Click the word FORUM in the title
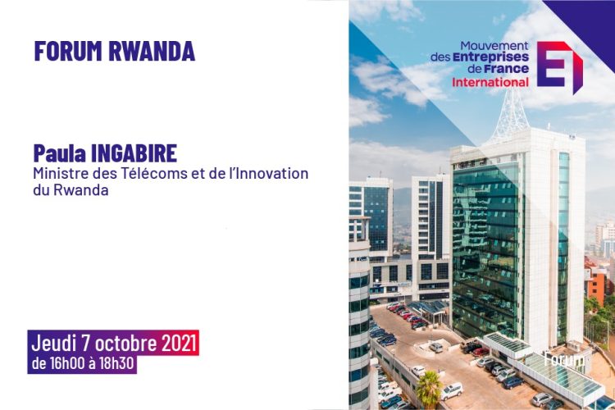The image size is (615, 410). coord(68,51)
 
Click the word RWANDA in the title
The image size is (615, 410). coord(152,51)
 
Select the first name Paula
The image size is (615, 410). coord(60,153)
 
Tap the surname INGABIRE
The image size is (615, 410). coord(134,153)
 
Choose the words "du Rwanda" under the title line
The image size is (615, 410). coord(71,190)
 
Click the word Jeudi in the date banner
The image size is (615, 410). coord(53,344)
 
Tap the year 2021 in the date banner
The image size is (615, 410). coord(179,344)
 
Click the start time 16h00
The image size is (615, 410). coord(67,363)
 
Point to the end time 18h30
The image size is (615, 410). coord(116,363)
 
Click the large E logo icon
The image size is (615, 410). coord(560,66)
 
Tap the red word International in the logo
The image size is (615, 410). coord(490,82)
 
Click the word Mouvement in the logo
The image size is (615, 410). coord(494,46)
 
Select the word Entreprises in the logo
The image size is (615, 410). coord(490,57)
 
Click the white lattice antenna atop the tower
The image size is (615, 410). coord(512,114)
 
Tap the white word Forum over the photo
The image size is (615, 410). coord(564,359)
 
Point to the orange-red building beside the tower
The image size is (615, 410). coord(597,280)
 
